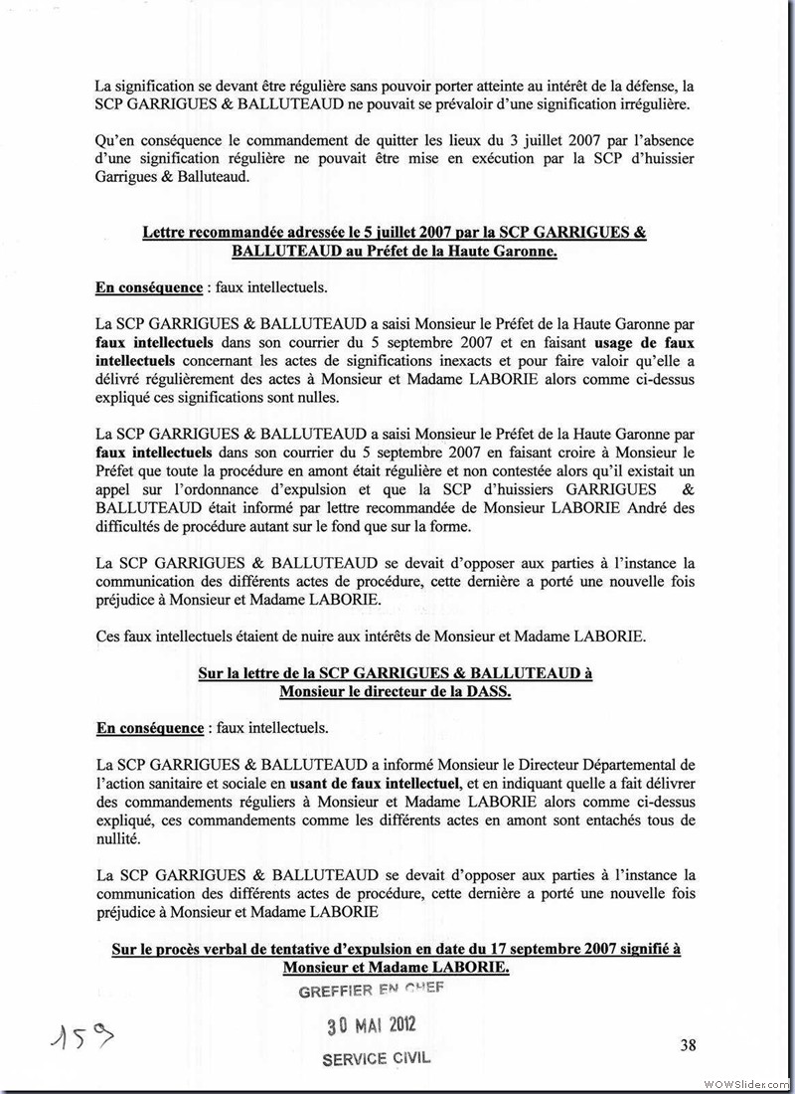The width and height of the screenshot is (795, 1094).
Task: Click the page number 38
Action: coord(688,1044)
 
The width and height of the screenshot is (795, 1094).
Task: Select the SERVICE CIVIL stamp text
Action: coord(377,1058)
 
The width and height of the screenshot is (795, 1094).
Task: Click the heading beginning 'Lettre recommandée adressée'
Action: coord(395,233)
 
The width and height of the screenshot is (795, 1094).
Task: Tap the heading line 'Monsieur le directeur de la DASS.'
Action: coord(395,692)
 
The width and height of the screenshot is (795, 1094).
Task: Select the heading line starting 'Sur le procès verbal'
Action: coord(395,949)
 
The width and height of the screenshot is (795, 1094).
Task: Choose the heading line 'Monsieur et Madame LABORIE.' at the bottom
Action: coord(395,968)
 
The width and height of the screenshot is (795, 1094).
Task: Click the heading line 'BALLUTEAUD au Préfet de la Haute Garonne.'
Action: coord(395,252)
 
